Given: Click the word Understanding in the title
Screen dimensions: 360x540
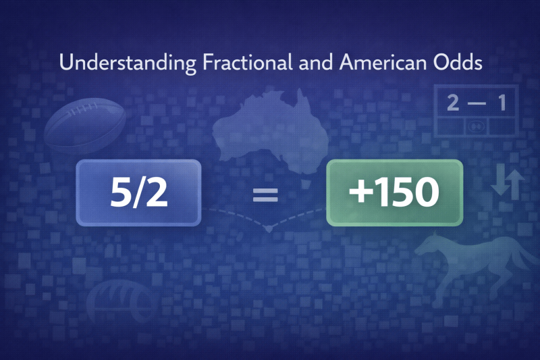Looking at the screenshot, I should (x=128, y=65).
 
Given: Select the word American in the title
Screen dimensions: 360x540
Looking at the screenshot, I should (x=375, y=65).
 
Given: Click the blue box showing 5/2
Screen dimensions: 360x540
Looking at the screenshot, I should (x=139, y=192).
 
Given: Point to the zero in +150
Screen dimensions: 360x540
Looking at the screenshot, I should (x=423, y=193).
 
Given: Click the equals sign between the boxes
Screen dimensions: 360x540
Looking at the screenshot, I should (x=265, y=195).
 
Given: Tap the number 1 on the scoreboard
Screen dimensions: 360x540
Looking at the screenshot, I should (x=502, y=103).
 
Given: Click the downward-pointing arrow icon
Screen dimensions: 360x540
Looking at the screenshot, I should (x=499, y=184).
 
